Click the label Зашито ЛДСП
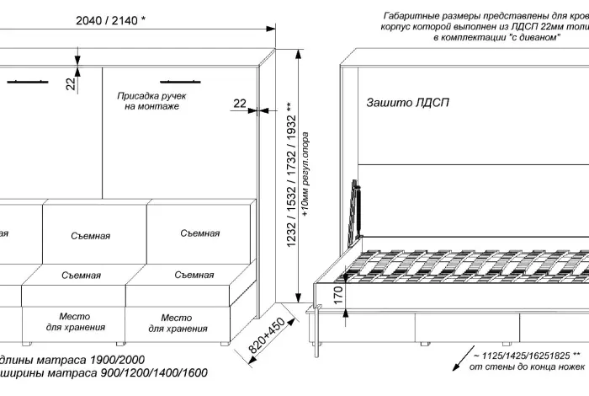pyautogui.click(x=408, y=103)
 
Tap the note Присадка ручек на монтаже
pyautogui.click(x=151, y=102)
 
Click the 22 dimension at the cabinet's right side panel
pyautogui.click(x=240, y=103)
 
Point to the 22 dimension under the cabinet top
pyautogui.click(x=72, y=83)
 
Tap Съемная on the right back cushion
pyautogui.click(x=200, y=233)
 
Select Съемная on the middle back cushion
pyautogui.click(x=90, y=236)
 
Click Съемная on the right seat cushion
pyautogui.click(x=194, y=275)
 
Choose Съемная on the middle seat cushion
pyautogui.click(x=81, y=276)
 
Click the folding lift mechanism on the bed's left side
pyautogui.click(x=357, y=209)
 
